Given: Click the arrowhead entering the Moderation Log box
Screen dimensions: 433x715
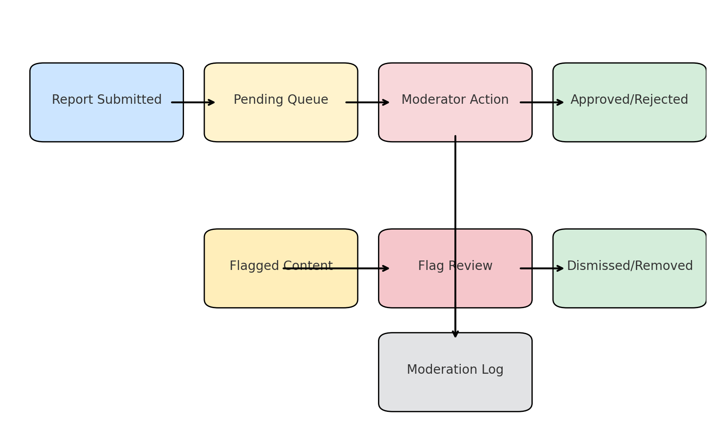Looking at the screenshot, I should click(455, 333).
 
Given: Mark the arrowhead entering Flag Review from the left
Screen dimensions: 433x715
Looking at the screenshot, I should click(385, 269).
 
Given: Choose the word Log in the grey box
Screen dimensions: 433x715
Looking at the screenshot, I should click(492, 370).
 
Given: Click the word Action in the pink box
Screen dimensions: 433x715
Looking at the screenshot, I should click(491, 100).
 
